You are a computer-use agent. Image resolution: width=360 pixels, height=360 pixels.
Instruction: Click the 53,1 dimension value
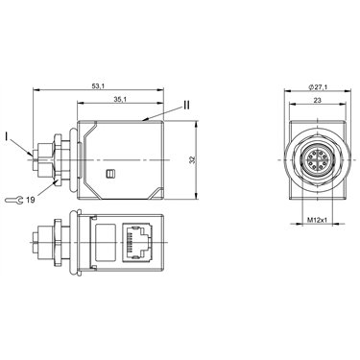98,86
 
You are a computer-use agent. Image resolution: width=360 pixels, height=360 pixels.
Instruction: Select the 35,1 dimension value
120,100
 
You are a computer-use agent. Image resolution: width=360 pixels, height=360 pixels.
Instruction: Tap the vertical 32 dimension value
192,160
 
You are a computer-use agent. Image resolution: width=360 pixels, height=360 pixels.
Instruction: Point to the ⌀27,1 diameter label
317,87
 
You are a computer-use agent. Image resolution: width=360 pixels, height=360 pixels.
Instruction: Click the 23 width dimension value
317,100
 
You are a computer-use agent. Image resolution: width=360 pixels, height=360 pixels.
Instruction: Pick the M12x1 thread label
317,220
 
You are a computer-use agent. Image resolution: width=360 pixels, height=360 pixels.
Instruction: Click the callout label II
186,105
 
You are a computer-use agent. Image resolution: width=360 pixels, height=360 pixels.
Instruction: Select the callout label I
7,136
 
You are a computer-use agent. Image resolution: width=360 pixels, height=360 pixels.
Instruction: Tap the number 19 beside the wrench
31,201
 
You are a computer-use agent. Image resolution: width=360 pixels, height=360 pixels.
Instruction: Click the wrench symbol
14,201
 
